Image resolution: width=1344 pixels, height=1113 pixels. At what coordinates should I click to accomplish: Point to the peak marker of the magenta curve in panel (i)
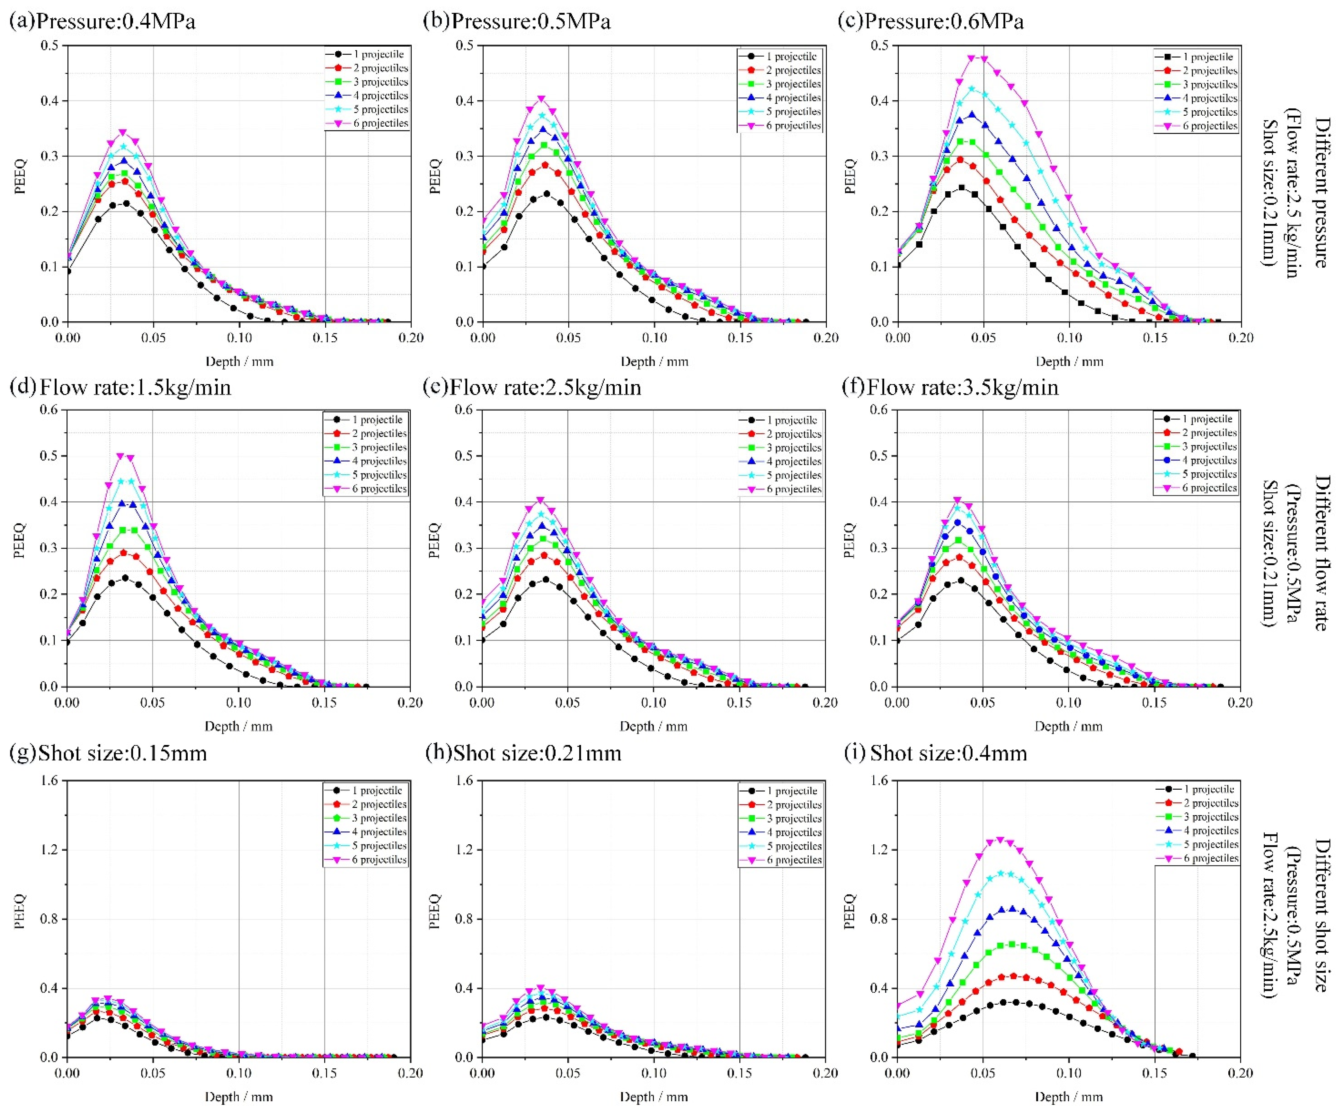pyautogui.click(x=1000, y=840)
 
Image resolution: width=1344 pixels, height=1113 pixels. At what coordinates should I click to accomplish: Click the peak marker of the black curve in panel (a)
pyautogui.click(x=126, y=203)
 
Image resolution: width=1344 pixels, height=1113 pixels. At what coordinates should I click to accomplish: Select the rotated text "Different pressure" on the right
pyautogui.click(x=1320, y=192)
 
